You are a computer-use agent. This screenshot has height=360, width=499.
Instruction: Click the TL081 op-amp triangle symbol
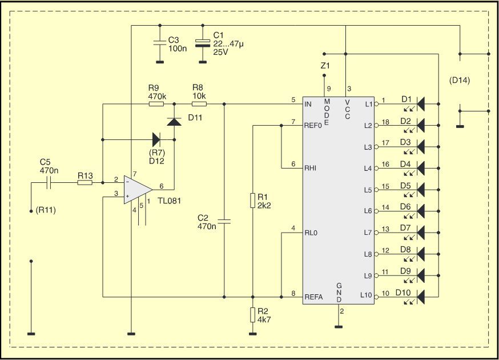click(x=138, y=190)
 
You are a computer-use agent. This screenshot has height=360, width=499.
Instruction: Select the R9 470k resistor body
click(x=156, y=104)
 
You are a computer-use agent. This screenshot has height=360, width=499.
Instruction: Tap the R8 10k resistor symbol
click(x=199, y=104)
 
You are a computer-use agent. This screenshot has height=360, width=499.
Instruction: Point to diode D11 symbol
click(x=174, y=121)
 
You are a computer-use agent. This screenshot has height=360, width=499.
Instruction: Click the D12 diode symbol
click(x=156, y=139)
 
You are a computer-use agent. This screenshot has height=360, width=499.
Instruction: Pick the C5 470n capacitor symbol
click(x=49, y=182)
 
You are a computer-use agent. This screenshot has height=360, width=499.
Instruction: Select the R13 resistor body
click(x=85, y=182)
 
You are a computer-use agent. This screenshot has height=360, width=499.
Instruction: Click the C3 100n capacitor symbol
click(x=160, y=43)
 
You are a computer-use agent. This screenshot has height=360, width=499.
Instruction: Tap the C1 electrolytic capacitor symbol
click(x=203, y=43)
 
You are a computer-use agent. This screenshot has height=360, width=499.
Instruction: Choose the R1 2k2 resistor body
click(x=253, y=201)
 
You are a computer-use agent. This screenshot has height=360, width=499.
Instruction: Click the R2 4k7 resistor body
click(x=253, y=315)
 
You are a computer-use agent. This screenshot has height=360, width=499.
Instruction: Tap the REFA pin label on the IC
click(x=314, y=297)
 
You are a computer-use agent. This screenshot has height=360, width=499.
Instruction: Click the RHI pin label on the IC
click(x=310, y=168)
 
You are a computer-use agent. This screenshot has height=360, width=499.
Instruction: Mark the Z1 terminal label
click(x=325, y=66)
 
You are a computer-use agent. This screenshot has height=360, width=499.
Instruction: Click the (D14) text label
click(x=459, y=80)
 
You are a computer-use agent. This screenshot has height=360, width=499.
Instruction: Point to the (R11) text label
click(x=46, y=210)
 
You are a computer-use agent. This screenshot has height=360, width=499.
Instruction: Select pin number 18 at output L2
click(x=385, y=122)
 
